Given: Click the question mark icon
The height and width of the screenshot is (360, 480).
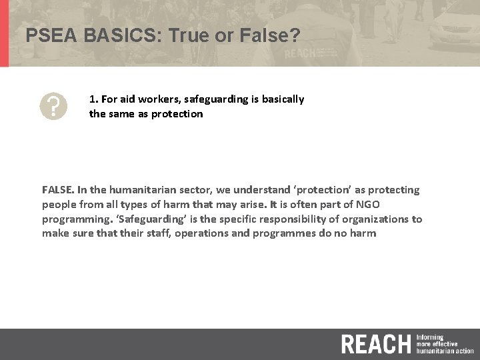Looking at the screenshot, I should [x=53, y=106].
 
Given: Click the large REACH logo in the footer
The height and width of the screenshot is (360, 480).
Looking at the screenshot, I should [x=375, y=344].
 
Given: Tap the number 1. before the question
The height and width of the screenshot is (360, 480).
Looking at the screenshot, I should [x=94, y=99].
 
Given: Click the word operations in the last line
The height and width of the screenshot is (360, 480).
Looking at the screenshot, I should [x=203, y=234].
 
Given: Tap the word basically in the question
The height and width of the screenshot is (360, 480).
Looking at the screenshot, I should [x=283, y=99].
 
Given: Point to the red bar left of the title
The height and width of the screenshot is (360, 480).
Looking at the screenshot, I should [x=4, y=33].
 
